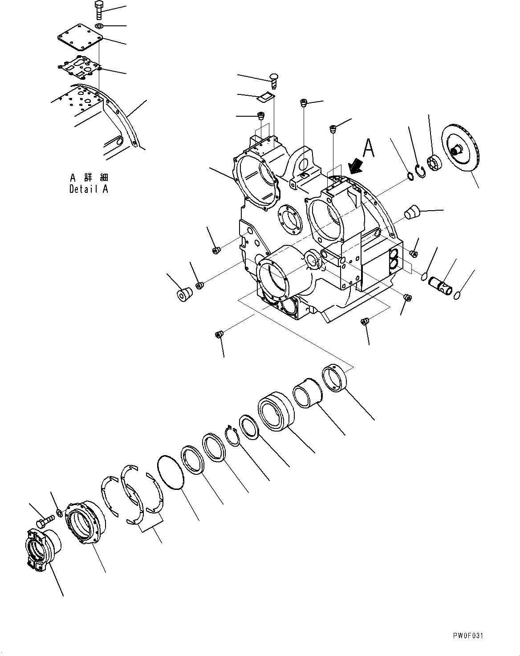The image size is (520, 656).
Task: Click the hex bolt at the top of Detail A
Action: pyautogui.click(x=98, y=10)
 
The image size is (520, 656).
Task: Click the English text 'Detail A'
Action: pyautogui.click(x=89, y=189)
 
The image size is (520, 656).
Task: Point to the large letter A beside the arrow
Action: pyautogui.click(x=368, y=149)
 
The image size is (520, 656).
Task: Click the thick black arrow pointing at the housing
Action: pyautogui.click(x=356, y=167)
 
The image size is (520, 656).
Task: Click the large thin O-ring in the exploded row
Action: pyautogui.click(x=171, y=473)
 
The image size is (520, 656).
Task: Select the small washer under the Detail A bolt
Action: pyautogui.click(x=99, y=26)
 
